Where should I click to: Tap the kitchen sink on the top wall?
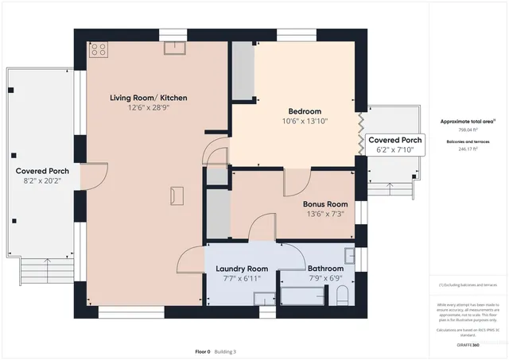[x=174, y=48]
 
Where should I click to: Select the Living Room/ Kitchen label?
[x=149, y=98]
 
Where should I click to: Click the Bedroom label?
[x=305, y=110]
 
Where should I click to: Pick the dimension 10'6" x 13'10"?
[x=305, y=121]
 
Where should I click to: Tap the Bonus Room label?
[x=325, y=203]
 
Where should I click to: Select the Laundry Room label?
[x=242, y=269]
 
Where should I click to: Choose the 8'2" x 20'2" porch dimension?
[x=42, y=180]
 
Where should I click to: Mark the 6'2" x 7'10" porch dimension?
[x=394, y=149]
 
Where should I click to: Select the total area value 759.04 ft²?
[x=466, y=129]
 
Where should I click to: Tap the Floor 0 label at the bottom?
[x=203, y=351]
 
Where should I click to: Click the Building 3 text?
[x=224, y=351]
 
